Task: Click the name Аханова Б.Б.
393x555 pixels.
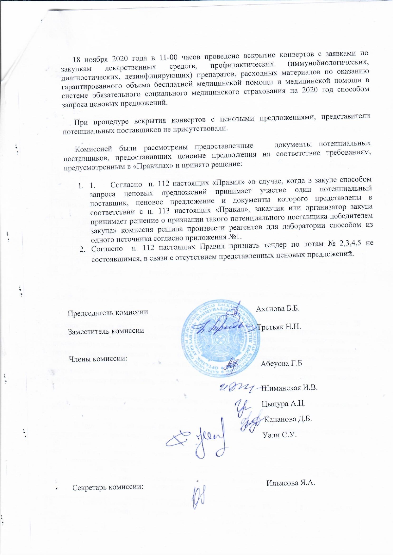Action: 278,309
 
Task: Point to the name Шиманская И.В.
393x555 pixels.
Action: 289,388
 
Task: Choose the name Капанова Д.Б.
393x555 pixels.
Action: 288,419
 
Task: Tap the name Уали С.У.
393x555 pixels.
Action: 279,435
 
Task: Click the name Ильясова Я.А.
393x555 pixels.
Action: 291,483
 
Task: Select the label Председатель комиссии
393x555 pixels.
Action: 108,313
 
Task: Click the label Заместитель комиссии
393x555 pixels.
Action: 106,331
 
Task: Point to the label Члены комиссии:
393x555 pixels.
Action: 98,359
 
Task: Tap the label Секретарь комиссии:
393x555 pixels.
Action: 108,487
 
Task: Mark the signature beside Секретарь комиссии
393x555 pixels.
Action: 199,498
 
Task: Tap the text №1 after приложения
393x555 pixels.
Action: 234,237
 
